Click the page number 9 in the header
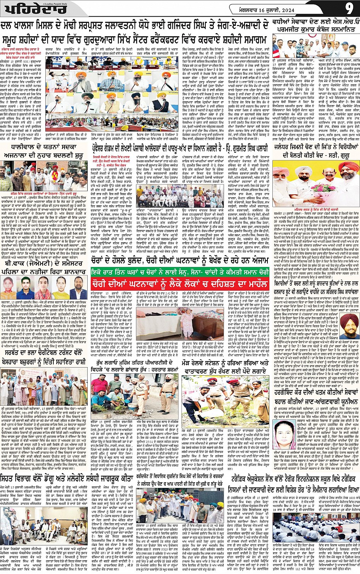pyautogui.click(x=349, y=8)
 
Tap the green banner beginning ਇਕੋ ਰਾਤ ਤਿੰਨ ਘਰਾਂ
pyautogui.click(x=180, y=272)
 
